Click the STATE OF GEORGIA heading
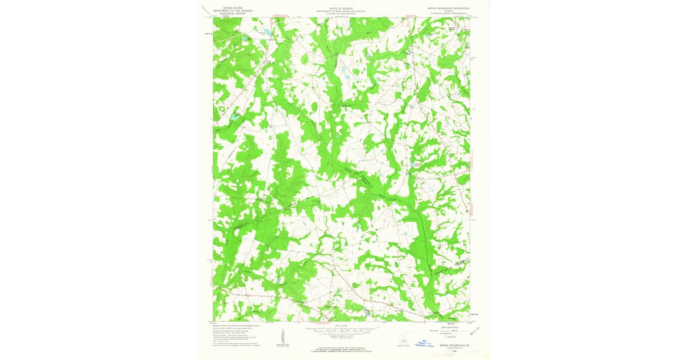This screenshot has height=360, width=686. pyautogui.click(x=341, y=7)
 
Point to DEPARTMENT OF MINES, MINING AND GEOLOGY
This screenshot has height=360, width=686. pyautogui.click(x=341, y=10)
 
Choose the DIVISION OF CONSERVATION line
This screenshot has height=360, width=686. pyautogui.click(x=341, y=13)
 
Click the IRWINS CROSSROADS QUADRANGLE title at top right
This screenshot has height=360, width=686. pyautogui.click(x=447, y=8)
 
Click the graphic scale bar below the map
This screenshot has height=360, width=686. pyautogui.click(x=341, y=329)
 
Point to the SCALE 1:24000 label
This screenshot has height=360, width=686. pyautogui.click(x=341, y=326)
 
